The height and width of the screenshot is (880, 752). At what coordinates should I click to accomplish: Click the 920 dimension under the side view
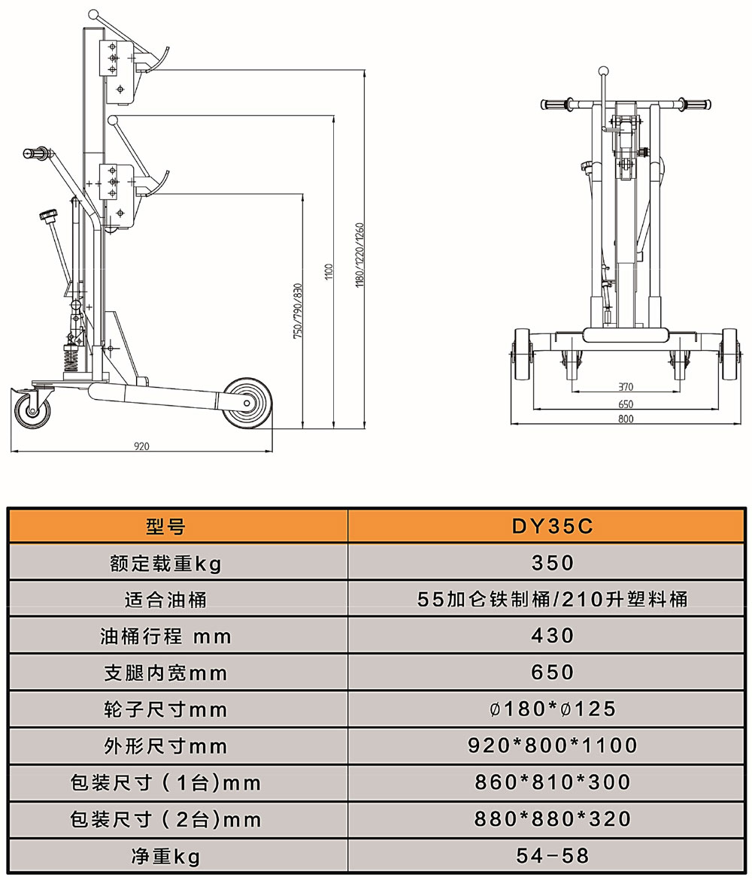click(141, 446)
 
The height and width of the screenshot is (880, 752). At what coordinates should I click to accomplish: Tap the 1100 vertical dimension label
click(329, 271)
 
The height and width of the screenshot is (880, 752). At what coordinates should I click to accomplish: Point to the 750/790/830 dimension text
click(298, 310)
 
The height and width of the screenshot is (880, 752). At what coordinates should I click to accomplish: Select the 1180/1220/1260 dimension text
click(360, 256)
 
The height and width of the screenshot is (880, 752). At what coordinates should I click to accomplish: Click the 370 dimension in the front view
click(626, 387)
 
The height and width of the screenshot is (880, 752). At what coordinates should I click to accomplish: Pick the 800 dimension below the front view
click(626, 419)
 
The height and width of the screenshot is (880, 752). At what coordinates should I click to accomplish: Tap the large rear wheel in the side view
click(247, 403)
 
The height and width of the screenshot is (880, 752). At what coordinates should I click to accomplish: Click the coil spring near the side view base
click(71, 357)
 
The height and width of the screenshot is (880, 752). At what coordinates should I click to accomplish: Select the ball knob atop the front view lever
click(603, 71)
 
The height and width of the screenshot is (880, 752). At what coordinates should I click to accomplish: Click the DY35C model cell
click(552, 527)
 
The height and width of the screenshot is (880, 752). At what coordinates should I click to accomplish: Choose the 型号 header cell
click(165, 527)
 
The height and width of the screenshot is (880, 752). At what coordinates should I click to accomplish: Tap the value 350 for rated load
click(553, 563)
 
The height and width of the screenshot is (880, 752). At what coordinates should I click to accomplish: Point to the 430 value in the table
click(553, 636)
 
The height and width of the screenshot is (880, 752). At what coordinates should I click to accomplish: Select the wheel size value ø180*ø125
click(553, 709)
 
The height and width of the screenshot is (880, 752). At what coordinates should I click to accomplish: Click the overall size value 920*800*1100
click(553, 745)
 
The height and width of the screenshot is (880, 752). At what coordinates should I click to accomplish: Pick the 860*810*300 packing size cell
click(553, 782)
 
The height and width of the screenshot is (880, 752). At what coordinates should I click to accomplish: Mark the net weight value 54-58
click(553, 855)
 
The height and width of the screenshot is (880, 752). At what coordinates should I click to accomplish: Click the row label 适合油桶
click(165, 600)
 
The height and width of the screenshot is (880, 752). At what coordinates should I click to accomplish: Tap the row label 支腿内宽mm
click(165, 673)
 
